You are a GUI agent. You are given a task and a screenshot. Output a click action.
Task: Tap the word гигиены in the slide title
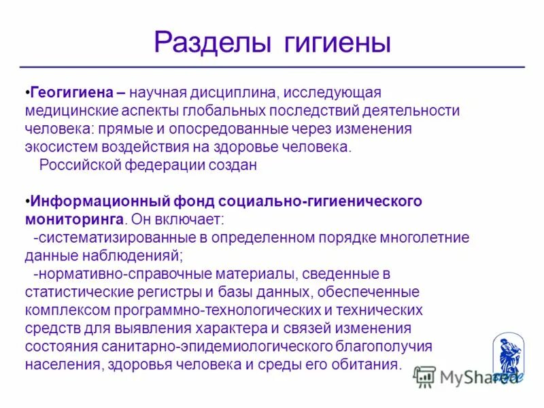tap(333, 43)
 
